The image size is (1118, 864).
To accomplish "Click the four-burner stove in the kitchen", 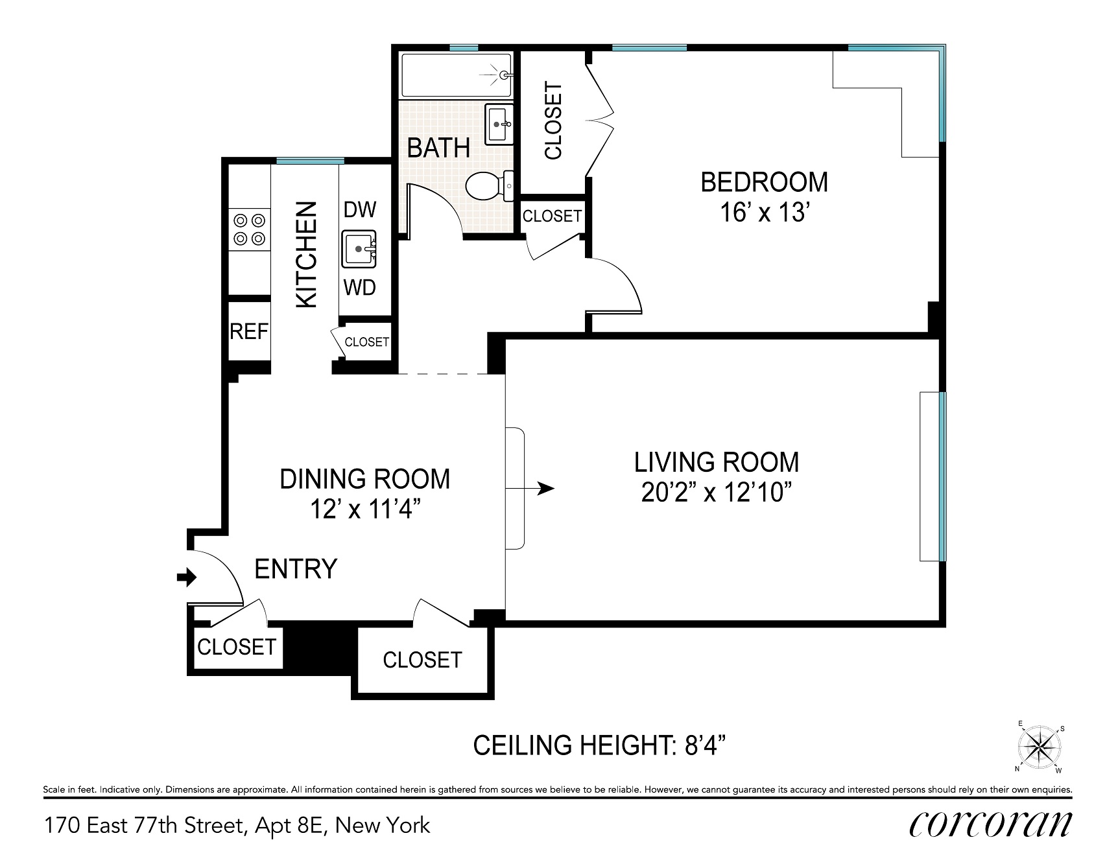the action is coord(250,230).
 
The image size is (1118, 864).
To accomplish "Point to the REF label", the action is coord(249,332).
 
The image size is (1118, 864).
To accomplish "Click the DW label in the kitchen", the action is coord(360,209).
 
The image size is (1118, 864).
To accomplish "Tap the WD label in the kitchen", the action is coord(360,287).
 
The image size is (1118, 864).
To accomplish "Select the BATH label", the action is coord(438,148).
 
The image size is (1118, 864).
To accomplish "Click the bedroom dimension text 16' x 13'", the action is coord(765,212).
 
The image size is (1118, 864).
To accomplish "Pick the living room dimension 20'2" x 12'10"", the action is coord(717,493).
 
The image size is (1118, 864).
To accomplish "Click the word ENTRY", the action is coord(296,569).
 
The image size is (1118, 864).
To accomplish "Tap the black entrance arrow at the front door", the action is coord(187,576).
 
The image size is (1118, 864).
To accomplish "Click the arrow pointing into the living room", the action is coord(530,488).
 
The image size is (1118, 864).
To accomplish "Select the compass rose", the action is coord(1040,749).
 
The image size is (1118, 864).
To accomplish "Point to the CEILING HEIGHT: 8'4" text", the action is coord(599,745).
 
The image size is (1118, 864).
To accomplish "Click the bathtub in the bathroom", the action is coord(457,75).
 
